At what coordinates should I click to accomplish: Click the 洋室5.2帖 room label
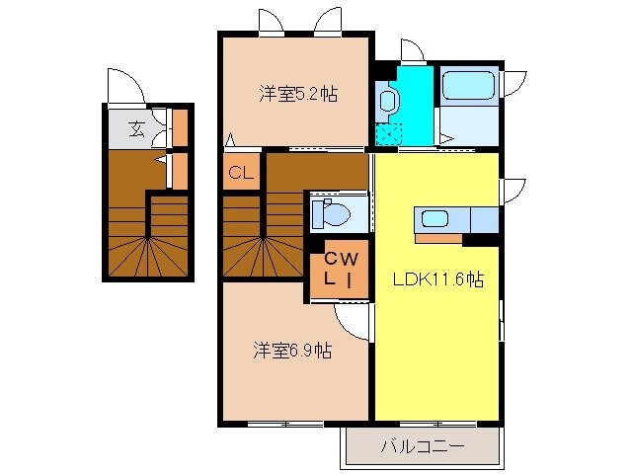(x=298, y=95)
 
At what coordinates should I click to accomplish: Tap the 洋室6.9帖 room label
(x=292, y=350)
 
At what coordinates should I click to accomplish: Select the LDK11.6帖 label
(x=436, y=279)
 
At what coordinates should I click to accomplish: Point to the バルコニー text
(x=422, y=446)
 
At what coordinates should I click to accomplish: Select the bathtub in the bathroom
(x=469, y=87)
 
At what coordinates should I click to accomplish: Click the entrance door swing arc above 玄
(x=124, y=87)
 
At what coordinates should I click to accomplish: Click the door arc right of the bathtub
(x=514, y=81)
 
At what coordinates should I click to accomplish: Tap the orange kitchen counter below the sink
(x=438, y=237)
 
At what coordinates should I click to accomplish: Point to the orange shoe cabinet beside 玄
(x=180, y=125)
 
